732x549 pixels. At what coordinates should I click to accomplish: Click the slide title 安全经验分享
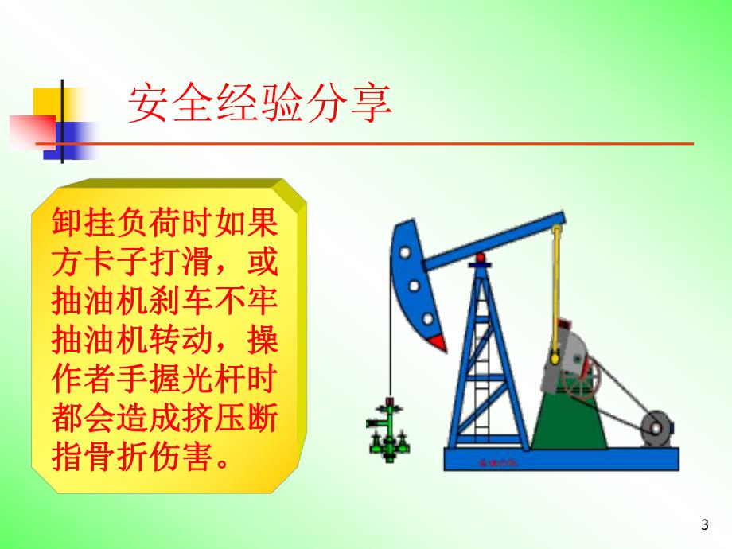coord(260,104)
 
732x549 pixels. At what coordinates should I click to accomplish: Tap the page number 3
coord(703,524)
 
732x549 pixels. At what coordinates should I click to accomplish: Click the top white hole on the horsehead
coord(405,253)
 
